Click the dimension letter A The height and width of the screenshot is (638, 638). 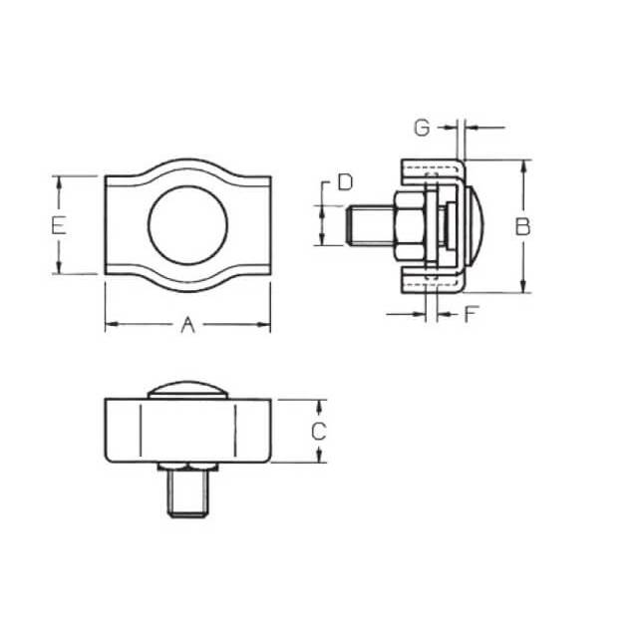(x=187, y=325)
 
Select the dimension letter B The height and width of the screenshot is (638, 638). (x=522, y=226)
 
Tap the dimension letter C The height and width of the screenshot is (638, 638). (x=319, y=432)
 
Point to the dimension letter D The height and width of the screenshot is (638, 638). (x=345, y=181)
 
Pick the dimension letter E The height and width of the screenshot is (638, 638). (x=59, y=226)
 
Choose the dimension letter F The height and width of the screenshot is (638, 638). (x=470, y=314)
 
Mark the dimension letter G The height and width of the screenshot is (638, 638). (x=422, y=128)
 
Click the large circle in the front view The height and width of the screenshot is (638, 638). (x=187, y=186)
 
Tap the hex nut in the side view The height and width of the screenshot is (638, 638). (x=409, y=226)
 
